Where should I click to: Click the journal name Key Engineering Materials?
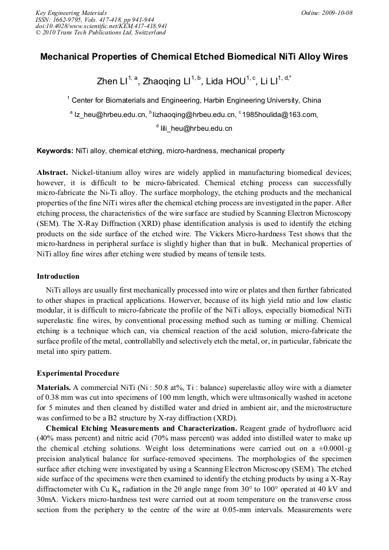click(x=71, y=12)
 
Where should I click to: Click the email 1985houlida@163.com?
click(x=279, y=114)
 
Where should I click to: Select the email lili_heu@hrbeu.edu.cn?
click(x=196, y=128)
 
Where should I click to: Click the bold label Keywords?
click(x=55, y=151)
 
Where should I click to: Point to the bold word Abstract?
click(x=53, y=173)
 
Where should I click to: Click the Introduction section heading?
click(x=58, y=276)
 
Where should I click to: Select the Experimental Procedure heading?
click(x=78, y=373)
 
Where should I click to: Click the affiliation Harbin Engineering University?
click(x=256, y=100)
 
